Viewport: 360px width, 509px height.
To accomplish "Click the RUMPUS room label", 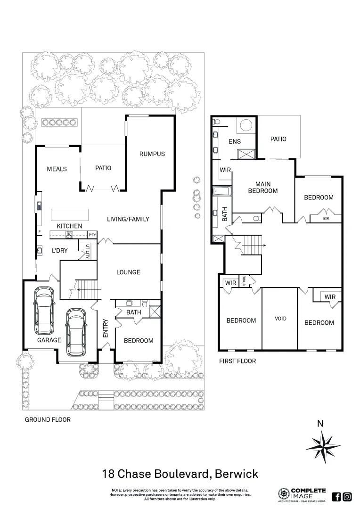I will point(152,154).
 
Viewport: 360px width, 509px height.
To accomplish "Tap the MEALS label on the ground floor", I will point(57,169).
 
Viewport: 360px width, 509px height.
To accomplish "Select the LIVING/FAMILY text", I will point(128,219).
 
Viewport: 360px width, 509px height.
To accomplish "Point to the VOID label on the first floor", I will point(280,319).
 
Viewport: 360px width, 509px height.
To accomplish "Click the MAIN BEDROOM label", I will point(260,187).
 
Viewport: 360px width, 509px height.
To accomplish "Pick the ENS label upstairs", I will point(235,141).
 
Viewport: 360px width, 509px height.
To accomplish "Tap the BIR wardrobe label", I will point(326,219).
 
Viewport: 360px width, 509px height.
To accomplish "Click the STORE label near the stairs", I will point(244,281).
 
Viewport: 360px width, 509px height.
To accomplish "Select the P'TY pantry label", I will point(92,234).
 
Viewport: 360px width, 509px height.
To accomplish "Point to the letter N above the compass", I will point(320,423).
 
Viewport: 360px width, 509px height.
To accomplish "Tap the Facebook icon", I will point(336,496).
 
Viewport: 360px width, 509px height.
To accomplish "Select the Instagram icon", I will point(347,496).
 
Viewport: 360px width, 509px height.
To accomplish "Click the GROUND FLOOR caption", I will point(48,419).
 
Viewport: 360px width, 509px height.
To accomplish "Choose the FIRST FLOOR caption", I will point(237,361).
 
